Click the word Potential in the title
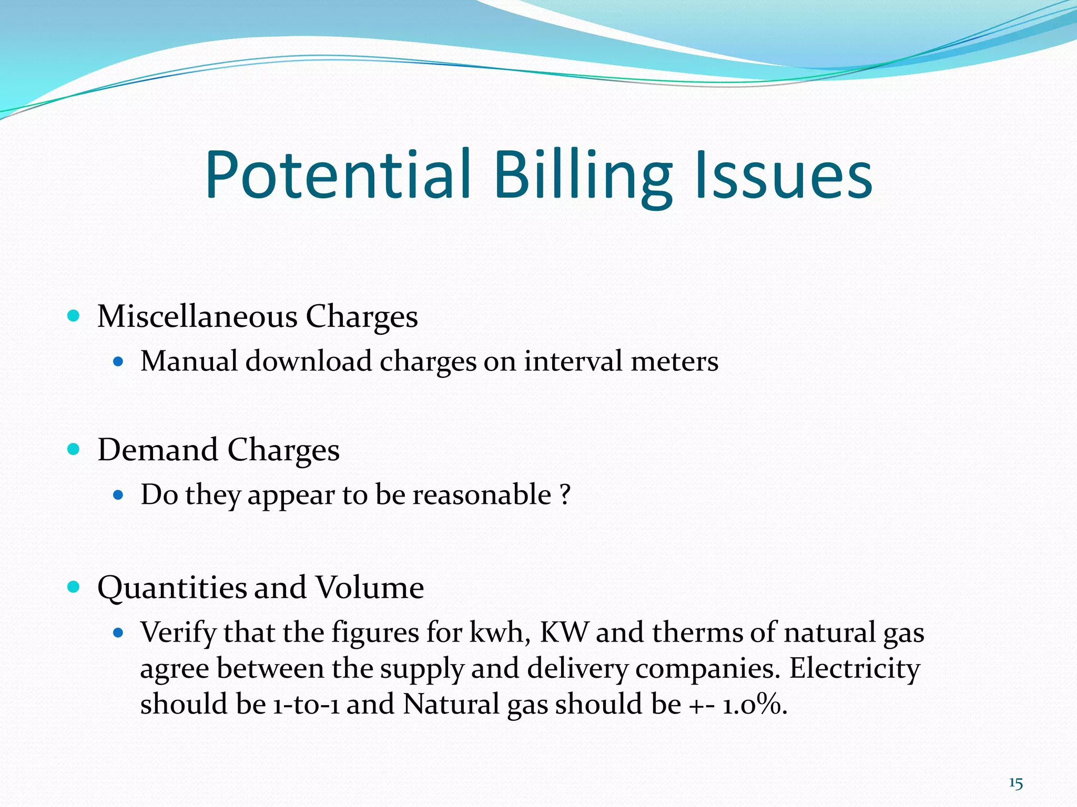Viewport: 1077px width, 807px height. (x=337, y=175)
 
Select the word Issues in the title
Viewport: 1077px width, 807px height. (x=784, y=175)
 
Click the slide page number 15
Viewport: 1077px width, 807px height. (x=1015, y=784)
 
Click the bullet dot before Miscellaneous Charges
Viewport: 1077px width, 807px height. (x=74, y=316)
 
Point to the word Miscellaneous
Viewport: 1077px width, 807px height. (x=197, y=317)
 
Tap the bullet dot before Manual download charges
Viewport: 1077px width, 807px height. (x=118, y=361)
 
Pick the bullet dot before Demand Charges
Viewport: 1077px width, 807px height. (x=74, y=449)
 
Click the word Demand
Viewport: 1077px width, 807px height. (x=158, y=450)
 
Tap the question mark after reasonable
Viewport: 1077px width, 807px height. (x=565, y=495)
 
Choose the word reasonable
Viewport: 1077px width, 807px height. (x=481, y=495)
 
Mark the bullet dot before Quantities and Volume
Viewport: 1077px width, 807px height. (x=74, y=586)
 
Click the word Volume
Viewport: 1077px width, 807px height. (x=369, y=587)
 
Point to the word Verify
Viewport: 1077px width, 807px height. (x=178, y=633)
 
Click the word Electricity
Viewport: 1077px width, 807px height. (x=855, y=668)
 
